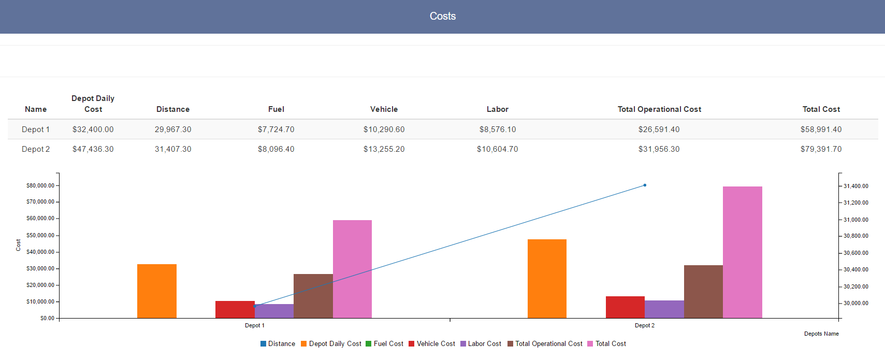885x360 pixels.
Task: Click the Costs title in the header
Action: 442,16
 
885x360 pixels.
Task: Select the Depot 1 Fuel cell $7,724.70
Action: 276,129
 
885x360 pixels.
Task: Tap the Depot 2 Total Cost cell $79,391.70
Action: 821,149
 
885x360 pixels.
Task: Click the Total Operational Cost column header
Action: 659,109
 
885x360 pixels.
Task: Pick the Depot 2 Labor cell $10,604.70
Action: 497,149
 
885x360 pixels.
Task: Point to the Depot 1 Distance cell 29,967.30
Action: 173,129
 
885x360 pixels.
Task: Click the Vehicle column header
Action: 384,109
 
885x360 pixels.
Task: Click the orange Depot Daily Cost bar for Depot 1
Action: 156,291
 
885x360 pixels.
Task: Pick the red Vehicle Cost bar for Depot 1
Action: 235,310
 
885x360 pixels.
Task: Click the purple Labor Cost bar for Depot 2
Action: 664,309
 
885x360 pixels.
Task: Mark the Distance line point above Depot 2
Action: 645,185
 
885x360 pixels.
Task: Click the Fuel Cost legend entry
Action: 384,344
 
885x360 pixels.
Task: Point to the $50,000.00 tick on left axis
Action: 40,235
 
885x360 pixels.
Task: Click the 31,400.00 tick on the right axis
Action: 855,186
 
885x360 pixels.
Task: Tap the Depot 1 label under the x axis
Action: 254,325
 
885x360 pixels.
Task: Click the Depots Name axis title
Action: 821,334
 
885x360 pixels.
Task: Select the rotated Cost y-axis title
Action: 18,245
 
